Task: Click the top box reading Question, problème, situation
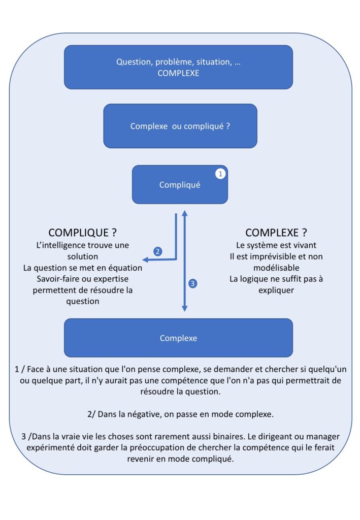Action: pyautogui.click(x=178, y=67)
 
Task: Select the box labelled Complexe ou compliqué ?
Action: pyautogui.click(x=180, y=126)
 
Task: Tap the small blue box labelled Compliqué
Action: pyautogui.click(x=180, y=185)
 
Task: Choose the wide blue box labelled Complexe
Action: pyautogui.click(x=178, y=338)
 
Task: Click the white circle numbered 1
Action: pyautogui.click(x=220, y=174)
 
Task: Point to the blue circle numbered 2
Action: pyautogui.click(x=158, y=251)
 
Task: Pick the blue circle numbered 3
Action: pyautogui.click(x=192, y=284)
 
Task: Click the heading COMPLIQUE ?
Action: pyautogui.click(x=83, y=233)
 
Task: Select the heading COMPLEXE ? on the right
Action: pyautogui.click(x=276, y=233)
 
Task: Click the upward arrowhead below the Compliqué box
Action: pyautogui.click(x=184, y=211)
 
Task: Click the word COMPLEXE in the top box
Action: pyautogui.click(x=178, y=73)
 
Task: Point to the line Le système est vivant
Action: pyautogui.click(x=276, y=245)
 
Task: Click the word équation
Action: pyautogui.click(x=123, y=268)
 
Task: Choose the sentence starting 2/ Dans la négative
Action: pyautogui.click(x=180, y=414)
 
